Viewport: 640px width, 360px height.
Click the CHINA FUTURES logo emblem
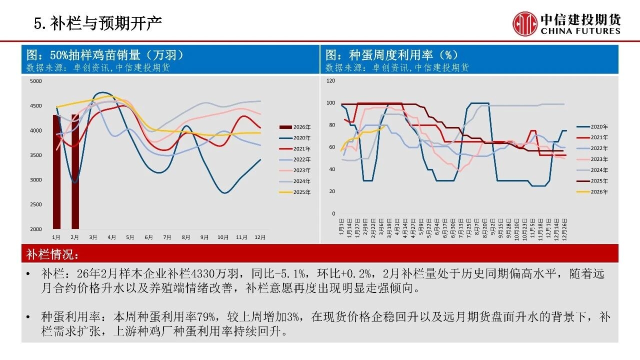coord(524,23)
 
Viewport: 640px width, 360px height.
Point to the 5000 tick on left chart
coord(36,81)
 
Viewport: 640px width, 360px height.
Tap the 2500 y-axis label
coord(36,204)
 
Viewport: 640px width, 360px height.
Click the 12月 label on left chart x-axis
coord(260,237)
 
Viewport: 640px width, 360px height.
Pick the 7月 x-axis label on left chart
coord(167,237)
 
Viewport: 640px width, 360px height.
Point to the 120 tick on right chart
coord(330,80)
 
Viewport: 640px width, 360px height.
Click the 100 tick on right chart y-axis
coord(330,103)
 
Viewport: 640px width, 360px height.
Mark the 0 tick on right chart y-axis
coord(333,214)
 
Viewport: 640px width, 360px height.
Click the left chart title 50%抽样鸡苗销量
coord(104,54)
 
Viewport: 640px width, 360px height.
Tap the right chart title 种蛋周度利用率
coord(392,54)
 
